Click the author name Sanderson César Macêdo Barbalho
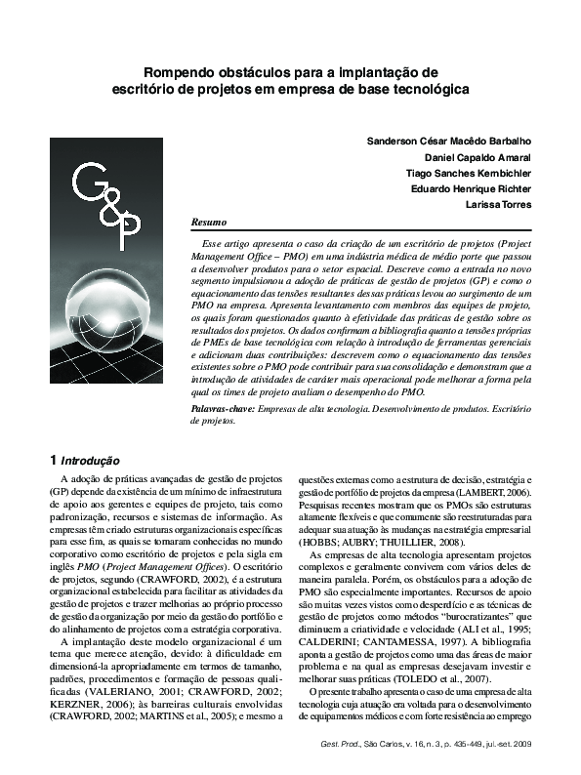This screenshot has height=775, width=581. point(449,141)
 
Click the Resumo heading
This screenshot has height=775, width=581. point(209,223)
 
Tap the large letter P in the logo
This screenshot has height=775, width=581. point(127,230)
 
